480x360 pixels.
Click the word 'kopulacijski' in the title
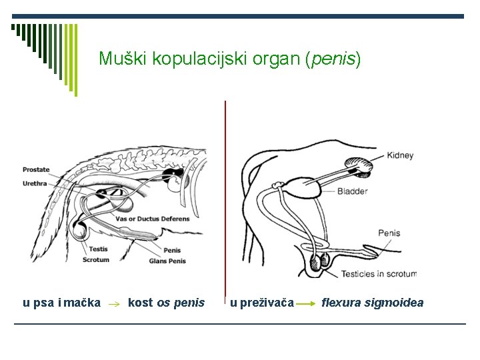click(x=190, y=59)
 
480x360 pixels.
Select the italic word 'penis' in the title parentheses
click(x=333, y=59)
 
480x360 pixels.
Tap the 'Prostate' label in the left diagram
click(x=36, y=170)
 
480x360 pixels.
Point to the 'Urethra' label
click(x=35, y=183)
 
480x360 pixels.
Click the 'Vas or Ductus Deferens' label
click(x=153, y=219)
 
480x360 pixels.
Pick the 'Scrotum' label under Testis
click(x=96, y=260)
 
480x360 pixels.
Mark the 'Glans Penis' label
click(x=167, y=261)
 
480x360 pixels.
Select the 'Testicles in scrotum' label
click(x=379, y=274)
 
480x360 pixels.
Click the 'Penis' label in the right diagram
click(x=389, y=233)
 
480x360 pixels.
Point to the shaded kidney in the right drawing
click(x=359, y=165)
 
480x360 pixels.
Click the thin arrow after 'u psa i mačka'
click(x=113, y=303)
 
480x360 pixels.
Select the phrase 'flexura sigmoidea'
click(x=372, y=303)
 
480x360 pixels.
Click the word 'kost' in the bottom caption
click(x=140, y=303)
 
